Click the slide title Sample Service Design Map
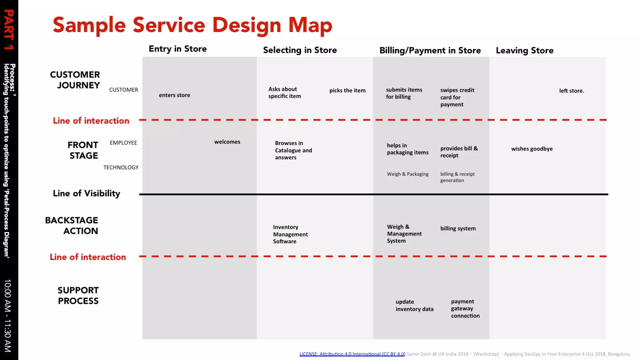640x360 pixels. pyautogui.click(x=192, y=25)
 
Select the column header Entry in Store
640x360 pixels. pyautogui.click(x=177, y=49)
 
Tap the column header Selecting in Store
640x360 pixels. pyautogui.click(x=300, y=50)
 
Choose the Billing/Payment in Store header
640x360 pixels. pyautogui.click(x=430, y=51)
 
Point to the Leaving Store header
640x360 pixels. pyautogui.click(x=524, y=51)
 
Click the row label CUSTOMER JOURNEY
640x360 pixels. pyautogui.click(x=75, y=80)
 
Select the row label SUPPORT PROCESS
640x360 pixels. pyautogui.click(x=78, y=296)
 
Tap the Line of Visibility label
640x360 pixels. pyautogui.click(x=87, y=194)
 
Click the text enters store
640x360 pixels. pyautogui.click(x=174, y=95)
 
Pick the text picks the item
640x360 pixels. pyautogui.click(x=347, y=91)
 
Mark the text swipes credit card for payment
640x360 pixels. pyautogui.click(x=457, y=97)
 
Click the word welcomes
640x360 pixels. pyautogui.click(x=227, y=142)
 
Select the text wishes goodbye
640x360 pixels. pyautogui.click(x=532, y=149)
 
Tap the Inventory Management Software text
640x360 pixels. pyautogui.click(x=290, y=234)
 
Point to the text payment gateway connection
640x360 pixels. pyautogui.click(x=465, y=309)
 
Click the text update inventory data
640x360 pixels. pyautogui.click(x=414, y=306)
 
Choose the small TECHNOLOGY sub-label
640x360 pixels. pyautogui.click(x=121, y=167)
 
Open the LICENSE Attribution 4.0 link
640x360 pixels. pyautogui.click(x=352, y=354)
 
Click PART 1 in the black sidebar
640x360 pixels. pyautogui.click(x=9, y=30)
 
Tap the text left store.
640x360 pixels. pyautogui.click(x=571, y=91)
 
